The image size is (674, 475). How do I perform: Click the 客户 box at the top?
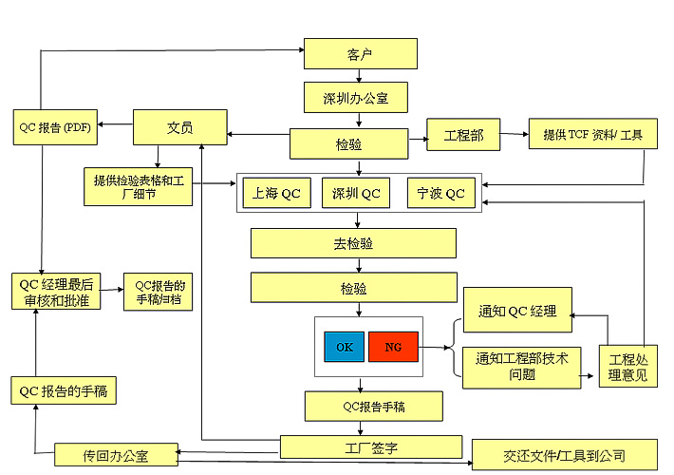tap(360, 53)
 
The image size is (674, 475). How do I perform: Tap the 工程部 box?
tap(463, 136)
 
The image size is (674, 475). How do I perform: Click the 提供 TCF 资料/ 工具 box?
tap(592, 136)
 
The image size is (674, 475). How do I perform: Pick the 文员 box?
tap(179, 126)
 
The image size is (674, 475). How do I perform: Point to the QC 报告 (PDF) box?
tap(54, 126)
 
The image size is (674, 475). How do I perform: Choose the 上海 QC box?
tap(277, 194)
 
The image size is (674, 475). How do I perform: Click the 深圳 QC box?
tap(356, 194)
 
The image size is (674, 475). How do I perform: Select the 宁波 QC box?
tap(441, 194)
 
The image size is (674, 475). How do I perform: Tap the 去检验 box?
tap(353, 243)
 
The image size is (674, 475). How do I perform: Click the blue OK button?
tap(344, 347)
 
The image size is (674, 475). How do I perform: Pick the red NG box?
tap(393, 347)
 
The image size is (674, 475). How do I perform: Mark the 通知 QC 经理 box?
tap(517, 310)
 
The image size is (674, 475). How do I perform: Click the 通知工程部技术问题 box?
tap(520, 367)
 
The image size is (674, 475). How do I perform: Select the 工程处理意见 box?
tap(628, 366)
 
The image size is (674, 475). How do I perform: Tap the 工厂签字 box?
tap(370, 445)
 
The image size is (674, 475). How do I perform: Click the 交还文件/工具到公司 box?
tap(565, 454)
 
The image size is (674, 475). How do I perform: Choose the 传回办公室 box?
tap(116, 455)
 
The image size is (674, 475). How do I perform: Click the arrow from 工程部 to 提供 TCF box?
tap(515, 136)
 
